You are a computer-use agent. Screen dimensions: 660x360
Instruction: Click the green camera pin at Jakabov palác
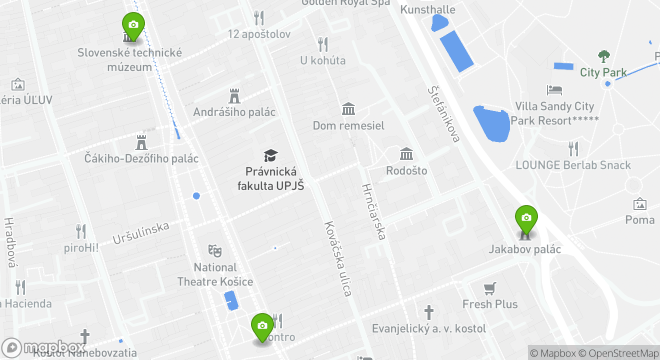[x=526, y=218]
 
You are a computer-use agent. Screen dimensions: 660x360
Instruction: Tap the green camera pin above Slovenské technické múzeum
[x=133, y=25]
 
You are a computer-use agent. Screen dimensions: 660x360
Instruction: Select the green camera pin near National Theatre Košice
[x=262, y=326]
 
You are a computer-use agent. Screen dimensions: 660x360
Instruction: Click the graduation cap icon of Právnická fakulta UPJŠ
[x=270, y=155]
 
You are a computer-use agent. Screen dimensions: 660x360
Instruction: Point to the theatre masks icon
[x=215, y=250]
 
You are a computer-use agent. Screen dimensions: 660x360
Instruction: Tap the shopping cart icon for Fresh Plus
[x=489, y=288]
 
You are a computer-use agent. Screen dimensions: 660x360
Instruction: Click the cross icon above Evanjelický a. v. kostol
[x=428, y=312]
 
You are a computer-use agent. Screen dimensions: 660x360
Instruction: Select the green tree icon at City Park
[x=604, y=56]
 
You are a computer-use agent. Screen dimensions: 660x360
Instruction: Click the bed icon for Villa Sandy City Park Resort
[x=554, y=90]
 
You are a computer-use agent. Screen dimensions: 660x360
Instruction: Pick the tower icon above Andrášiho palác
[x=234, y=96]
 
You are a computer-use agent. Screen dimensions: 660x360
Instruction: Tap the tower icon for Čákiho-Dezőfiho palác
[x=141, y=142]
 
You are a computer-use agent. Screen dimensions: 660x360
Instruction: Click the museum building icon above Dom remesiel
[x=348, y=109]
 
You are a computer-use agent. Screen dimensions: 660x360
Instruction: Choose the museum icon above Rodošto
[x=406, y=154]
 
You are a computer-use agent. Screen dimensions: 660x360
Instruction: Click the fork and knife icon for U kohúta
[x=323, y=44]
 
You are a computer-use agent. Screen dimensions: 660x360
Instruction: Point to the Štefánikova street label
[x=443, y=114]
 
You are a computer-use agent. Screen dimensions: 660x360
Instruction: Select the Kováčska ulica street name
[x=338, y=258]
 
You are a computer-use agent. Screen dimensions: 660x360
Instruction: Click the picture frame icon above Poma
[x=639, y=204]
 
